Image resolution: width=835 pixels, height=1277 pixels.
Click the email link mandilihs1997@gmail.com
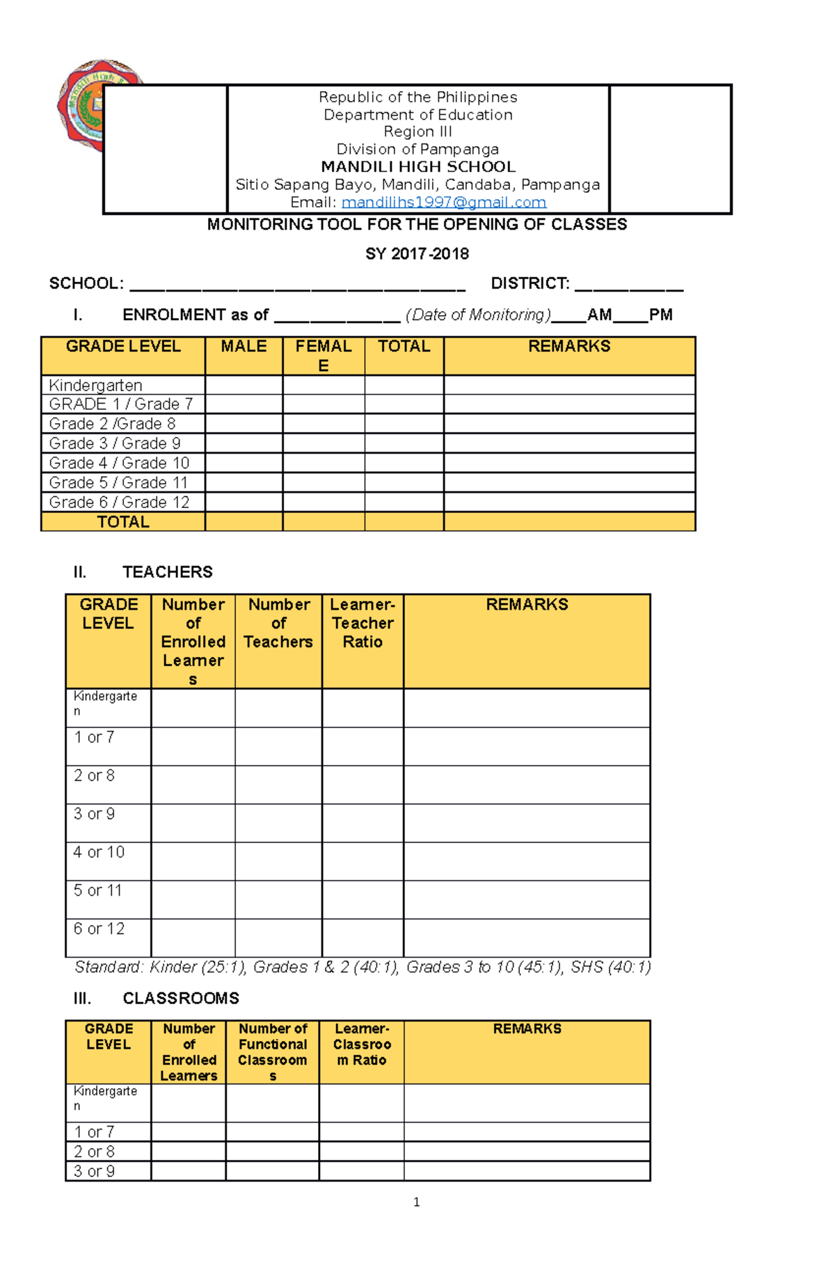pyautogui.click(x=443, y=203)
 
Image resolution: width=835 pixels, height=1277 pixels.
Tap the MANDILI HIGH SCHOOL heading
pyautogui.click(x=417, y=167)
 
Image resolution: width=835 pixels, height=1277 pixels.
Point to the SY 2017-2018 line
pyautogui.click(x=417, y=254)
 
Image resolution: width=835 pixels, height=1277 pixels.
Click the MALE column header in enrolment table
pyautogui.click(x=244, y=347)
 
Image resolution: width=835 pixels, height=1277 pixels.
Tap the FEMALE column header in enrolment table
pyautogui.click(x=323, y=355)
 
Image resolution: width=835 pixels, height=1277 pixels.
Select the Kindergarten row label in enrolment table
pyautogui.click(x=95, y=386)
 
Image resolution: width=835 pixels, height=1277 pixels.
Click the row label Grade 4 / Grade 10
pyautogui.click(x=119, y=463)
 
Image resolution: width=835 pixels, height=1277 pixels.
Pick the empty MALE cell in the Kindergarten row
pyautogui.click(x=244, y=386)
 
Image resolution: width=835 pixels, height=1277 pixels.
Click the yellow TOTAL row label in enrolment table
pyautogui.click(x=123, y=522)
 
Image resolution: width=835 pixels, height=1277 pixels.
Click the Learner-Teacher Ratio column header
pyautogui.click(x=363, y=624)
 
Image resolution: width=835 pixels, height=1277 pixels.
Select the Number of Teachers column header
pyautogui.click(x=278, y=624)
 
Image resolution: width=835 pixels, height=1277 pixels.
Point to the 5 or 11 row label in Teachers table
pyautogui.click(x=98, y=891)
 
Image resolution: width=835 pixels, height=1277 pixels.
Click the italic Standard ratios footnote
pyautogui.click(x=363, y=967)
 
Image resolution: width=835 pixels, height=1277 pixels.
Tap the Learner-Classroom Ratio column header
pyautogui.click(x=362, y=1045)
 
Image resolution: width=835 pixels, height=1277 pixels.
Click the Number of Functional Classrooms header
pyautogui.click(x=273, y=1052)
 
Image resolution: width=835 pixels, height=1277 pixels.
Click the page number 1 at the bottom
pyautogui.click(x=416, y=1202)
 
